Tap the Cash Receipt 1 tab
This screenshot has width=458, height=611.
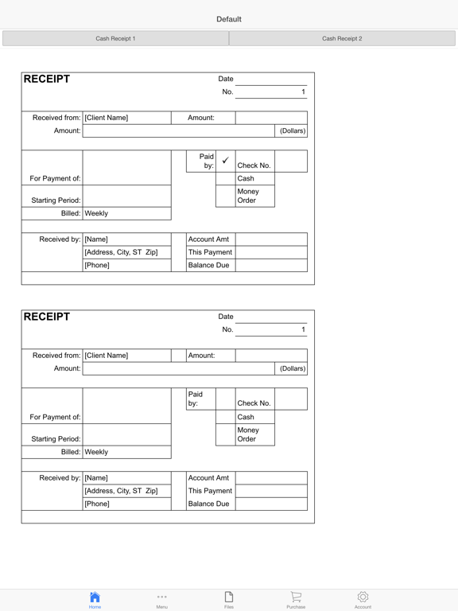(115, 38)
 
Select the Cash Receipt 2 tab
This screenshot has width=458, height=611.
(342, 38)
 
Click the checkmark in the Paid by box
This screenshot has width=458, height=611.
(225, 161)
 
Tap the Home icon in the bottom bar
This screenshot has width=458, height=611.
(95, 599)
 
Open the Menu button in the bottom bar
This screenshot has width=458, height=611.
(161, 599)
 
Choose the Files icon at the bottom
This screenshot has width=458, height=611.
(229, 599)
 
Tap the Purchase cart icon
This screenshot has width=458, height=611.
(296, 599)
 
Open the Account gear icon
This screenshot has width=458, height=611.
(363, 599)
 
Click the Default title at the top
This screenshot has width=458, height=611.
(229, 19)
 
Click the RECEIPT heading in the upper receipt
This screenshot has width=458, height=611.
(47, 79)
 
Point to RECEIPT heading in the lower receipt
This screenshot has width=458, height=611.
(47, 317)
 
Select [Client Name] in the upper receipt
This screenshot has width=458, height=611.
(107, 118)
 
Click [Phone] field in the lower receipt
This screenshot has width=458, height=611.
(97, 504)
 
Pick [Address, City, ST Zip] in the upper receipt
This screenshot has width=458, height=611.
(121, 252)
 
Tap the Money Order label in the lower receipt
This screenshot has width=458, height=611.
(248, 434)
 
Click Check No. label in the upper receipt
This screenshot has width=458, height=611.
(254, 165)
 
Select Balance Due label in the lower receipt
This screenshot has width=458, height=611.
(208, 504)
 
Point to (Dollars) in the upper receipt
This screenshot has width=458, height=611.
(293, 130)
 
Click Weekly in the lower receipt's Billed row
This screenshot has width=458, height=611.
(96, 452)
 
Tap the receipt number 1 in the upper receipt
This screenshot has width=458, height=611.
(303, 92)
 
